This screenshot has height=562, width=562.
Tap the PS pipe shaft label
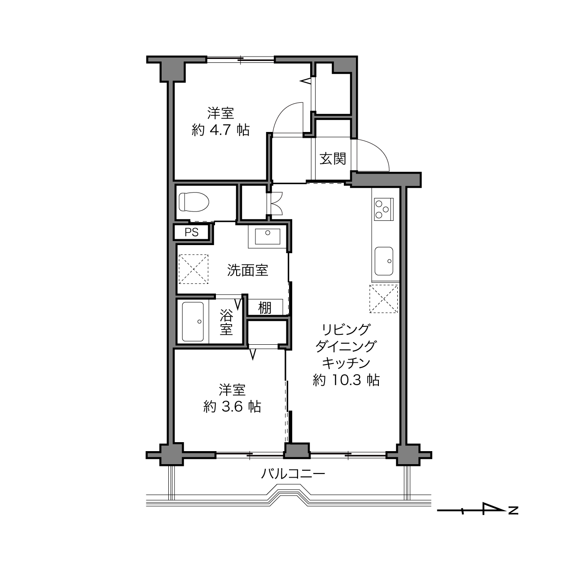192,233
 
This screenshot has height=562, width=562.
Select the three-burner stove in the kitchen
384,209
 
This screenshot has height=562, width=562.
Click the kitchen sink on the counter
384,261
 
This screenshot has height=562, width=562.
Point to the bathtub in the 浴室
193,321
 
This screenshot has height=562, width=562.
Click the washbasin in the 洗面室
268,236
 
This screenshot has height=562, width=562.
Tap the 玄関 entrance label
333,158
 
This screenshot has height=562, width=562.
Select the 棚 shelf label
265,308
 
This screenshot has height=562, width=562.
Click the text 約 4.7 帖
220,130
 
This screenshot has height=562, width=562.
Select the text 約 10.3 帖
346,380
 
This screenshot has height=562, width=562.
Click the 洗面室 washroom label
248,270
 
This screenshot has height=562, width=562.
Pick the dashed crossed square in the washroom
193,269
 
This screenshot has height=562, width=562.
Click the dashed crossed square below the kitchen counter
383,299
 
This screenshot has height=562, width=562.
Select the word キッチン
346,363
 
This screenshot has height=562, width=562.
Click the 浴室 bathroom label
226,322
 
